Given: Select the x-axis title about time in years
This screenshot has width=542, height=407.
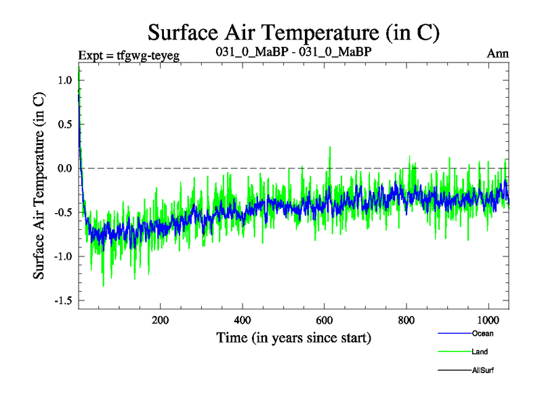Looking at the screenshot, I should click(294, 337).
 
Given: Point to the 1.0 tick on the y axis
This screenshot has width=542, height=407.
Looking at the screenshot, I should click(64, 80).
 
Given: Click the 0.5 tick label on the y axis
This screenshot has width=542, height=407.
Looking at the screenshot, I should click(64, 124).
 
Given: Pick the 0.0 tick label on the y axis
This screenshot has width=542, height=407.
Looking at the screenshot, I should click(64, 168).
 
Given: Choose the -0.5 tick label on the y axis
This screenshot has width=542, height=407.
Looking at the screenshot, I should click(62, 212).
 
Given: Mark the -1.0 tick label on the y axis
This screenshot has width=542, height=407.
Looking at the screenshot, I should click(62, 256).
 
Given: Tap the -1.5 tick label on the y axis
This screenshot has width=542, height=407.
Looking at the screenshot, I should click(62, 301).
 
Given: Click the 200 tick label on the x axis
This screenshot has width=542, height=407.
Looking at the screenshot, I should click(160, 321).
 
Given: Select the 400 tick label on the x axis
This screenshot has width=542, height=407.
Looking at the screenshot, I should click(243, 321).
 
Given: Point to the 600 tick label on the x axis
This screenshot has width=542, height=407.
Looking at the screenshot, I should click(325, 321).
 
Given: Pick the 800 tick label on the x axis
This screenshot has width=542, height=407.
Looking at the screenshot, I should click(406, 321).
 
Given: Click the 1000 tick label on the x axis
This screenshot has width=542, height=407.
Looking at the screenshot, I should click(488, 321).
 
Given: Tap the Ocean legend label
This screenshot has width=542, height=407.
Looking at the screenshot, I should click(483, 334).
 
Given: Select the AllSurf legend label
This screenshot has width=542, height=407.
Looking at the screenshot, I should click(485, 370).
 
